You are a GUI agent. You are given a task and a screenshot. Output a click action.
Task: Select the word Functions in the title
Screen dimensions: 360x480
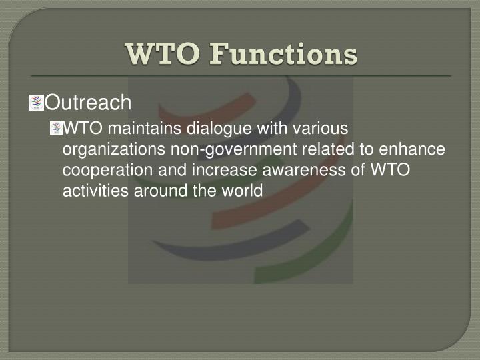(x=283, y=54)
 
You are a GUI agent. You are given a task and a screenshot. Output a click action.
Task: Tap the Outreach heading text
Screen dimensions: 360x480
(x=91, y=103)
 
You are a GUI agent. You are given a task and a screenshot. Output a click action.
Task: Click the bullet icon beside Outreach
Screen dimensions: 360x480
(x=36, y=103)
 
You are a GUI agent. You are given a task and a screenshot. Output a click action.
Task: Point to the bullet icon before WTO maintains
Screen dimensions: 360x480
(x=56, y=128)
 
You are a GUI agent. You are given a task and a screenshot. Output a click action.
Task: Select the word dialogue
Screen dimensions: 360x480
(x=200, y=128)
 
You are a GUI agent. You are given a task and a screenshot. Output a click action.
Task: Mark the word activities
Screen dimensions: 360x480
(x=91, y=191)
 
